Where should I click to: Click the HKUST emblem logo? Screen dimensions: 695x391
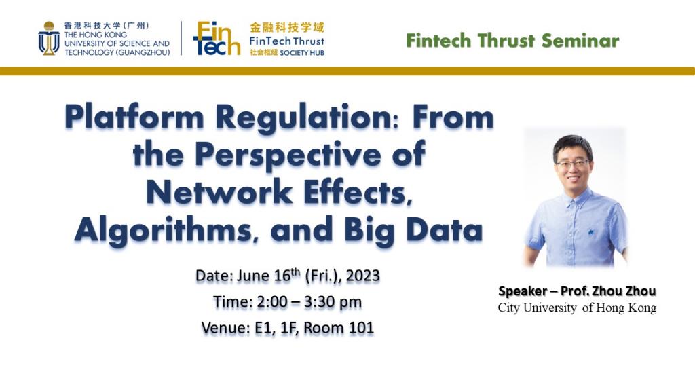coord(49,39)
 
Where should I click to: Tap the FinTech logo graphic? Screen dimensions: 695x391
coord(217,39)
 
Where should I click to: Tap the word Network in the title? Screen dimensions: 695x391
coord(219,193)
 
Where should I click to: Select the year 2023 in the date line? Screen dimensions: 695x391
coord(363,276)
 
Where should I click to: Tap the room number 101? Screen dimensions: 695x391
coord(361,328)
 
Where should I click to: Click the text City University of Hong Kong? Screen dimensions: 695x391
coord(577,308)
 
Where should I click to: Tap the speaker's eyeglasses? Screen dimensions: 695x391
coord(573,164)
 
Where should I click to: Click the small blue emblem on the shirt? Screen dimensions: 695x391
coord(591,231)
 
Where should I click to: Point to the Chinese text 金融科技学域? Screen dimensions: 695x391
coord(287,27)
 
